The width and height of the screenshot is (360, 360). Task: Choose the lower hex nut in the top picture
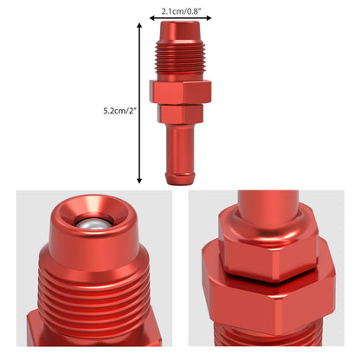(x=181, y=113)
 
